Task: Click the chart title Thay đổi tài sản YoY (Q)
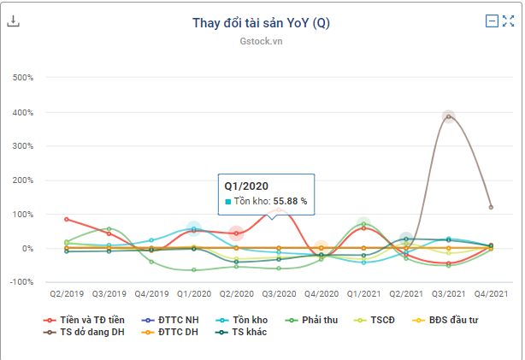pyautogui.click(x=261, y=23)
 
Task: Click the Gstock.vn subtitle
pyautogui.click(x=261, y=41)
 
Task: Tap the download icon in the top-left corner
pyautogui.click(x=14, y=21)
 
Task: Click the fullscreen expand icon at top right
pyautogui.click(x=508, y=21)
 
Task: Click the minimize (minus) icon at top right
pyautogui.click(x=492, y=21)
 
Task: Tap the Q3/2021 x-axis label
pyautogui.click(x=448, y=292)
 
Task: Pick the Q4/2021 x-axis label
pyautogui.click(x=490, y=292)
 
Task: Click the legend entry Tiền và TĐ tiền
pyautogui.click(x=84, y=320)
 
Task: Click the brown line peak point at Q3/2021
pyautogui.click(x=448, y=116)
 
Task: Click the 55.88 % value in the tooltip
pyautogui.click(x=290, y=201)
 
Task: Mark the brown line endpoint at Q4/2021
pyautogui.click(x=490, y=207)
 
